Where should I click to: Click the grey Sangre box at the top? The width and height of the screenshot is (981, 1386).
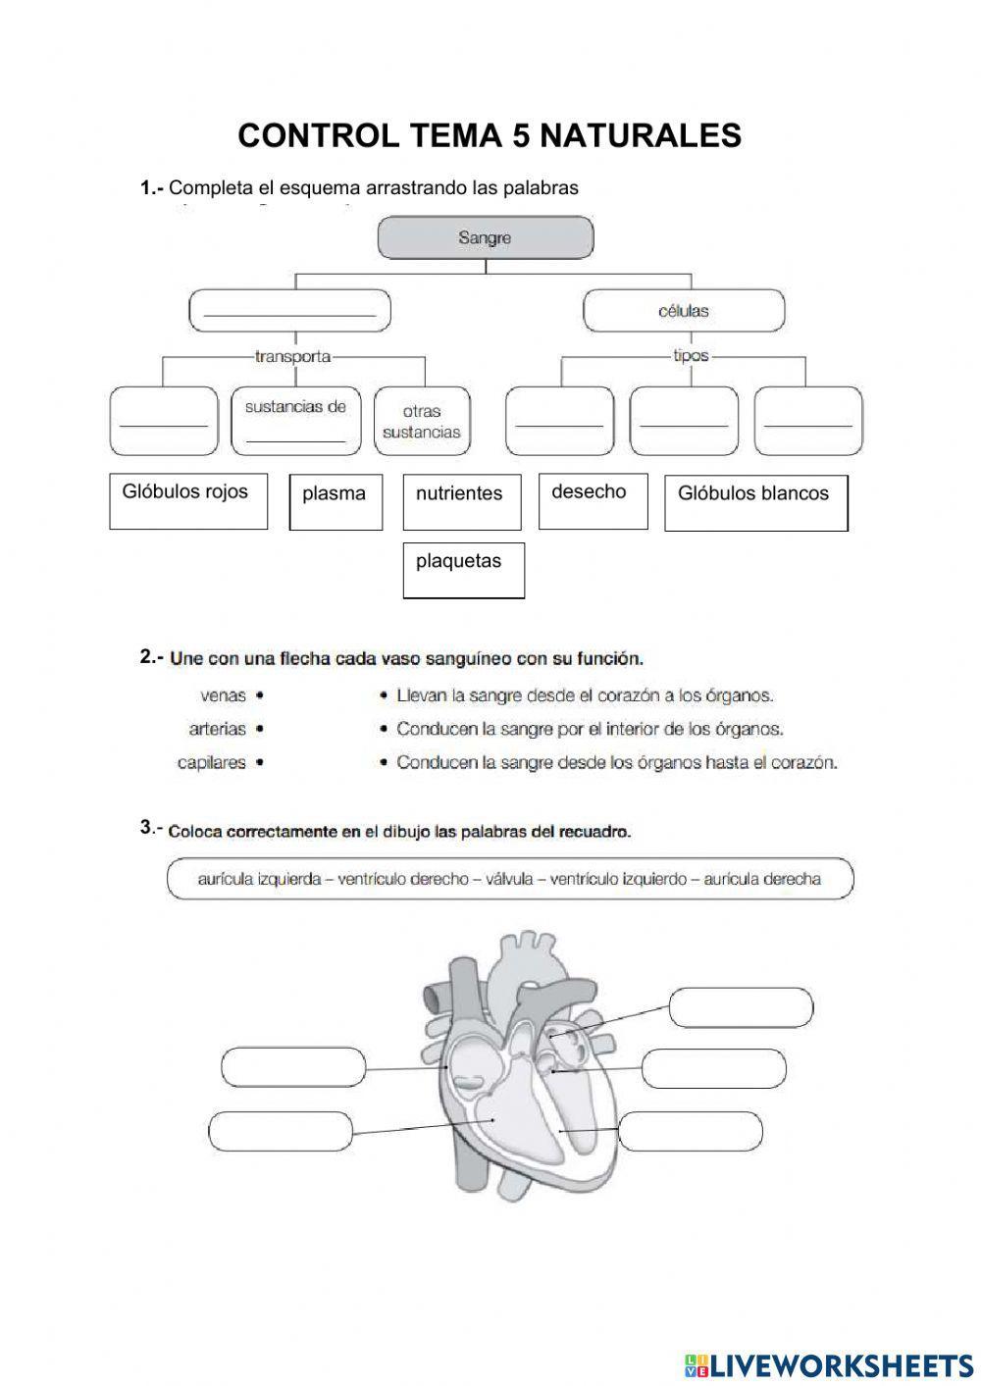[486, 237]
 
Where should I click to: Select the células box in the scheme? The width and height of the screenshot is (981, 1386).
[684, 312]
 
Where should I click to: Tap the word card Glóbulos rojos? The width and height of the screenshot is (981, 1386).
[187, 501]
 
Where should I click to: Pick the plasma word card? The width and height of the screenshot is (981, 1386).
[335, 501]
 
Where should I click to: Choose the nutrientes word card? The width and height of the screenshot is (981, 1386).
[459, 501]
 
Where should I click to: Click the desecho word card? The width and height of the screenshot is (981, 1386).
[592, 501]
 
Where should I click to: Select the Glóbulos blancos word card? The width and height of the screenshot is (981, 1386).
[755, 502]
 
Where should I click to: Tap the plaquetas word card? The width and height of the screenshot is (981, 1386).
[463, 569]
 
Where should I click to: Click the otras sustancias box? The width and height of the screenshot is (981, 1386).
[422, 422]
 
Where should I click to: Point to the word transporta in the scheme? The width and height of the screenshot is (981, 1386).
[292, 356]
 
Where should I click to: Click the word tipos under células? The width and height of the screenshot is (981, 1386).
[691, 356]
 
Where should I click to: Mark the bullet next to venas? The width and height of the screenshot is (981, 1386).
[259, 695]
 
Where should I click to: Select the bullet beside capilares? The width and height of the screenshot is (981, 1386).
[259, 762]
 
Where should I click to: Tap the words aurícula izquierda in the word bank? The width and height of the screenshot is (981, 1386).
[259, 879]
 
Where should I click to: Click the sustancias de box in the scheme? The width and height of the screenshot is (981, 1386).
[295, 421]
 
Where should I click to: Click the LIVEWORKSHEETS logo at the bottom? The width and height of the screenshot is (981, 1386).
[828, 1364]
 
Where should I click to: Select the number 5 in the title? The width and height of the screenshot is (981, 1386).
[520, 135]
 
